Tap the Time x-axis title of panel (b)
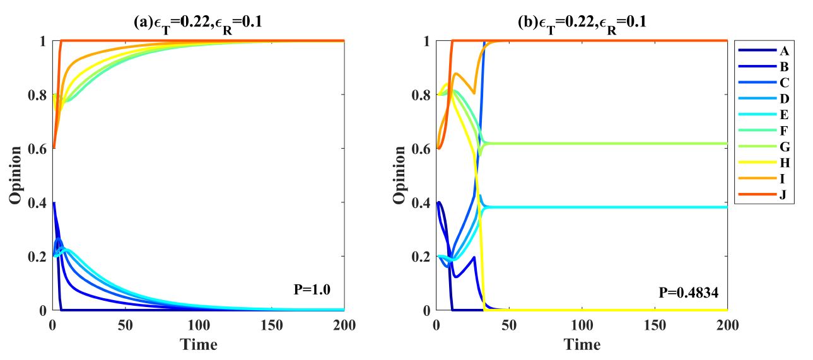tap(582, 345)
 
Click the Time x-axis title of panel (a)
tap(199, 345)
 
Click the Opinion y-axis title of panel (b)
tap(399, 175)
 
